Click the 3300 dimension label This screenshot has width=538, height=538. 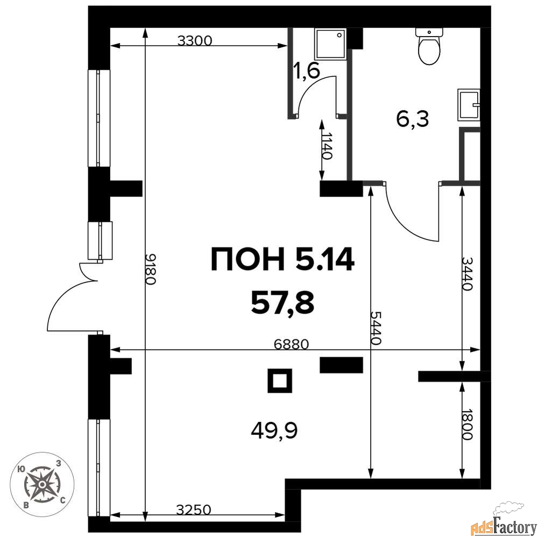click(195, 41)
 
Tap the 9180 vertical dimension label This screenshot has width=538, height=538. click(151, 269)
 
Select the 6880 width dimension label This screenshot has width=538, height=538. click(292, 344)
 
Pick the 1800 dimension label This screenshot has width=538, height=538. click(468, 424)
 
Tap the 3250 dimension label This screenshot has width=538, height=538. click(194, 510)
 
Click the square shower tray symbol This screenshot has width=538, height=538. click(331, 44)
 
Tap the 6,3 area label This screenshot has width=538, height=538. click(413, 120)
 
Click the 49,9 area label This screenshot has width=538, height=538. click(274, 430)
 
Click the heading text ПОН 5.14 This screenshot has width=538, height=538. click(282, 259)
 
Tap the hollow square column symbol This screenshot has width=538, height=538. click(280, 380)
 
